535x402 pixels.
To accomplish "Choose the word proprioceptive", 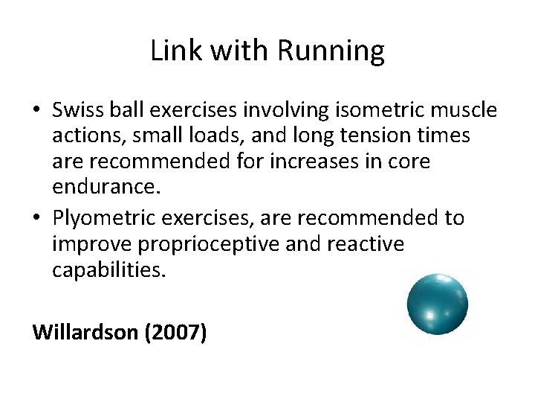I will (x=221, y=244).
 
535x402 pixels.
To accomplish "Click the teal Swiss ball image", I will (x=438, y=304).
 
